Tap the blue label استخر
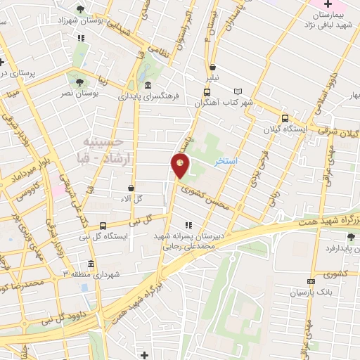226,162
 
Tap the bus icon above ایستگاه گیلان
285,119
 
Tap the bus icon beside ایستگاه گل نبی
103,226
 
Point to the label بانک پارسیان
311,291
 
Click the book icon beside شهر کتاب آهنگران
238,91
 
